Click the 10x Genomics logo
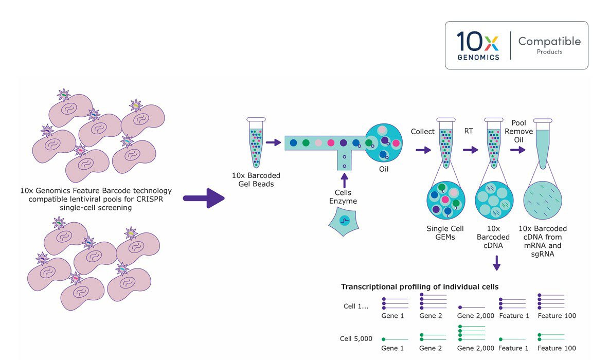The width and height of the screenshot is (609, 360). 478,45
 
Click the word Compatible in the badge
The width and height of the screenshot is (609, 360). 549,41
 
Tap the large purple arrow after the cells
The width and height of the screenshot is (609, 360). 204,198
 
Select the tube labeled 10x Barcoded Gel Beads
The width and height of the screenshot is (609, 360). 256,142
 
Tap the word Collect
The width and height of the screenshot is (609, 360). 423,132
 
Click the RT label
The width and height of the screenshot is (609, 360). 469,132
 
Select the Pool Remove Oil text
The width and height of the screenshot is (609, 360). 522,131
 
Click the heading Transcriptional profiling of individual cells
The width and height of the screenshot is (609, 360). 419,286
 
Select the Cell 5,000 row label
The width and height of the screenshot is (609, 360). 356,339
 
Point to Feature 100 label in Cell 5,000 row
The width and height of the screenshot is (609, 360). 557,349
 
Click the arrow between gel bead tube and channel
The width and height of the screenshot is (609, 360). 273,142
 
